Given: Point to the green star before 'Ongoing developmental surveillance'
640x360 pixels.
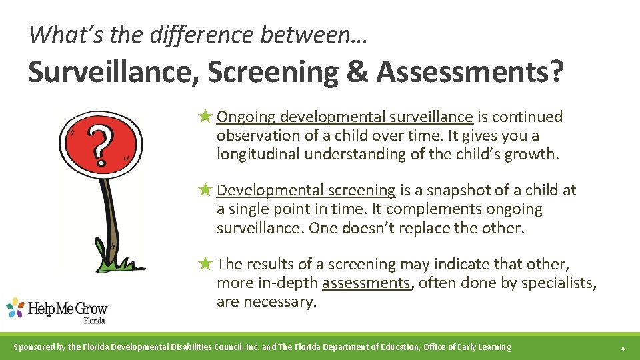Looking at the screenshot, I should pos(205,117).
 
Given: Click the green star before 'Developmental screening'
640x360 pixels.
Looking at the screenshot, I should pos(205,190).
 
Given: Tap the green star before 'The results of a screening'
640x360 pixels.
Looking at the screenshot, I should pos(205,264).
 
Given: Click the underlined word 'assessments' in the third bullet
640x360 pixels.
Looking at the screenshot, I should pos(366,283).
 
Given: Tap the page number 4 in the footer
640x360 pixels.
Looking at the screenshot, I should pos(622,348).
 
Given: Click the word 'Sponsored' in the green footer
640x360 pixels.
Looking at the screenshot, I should pos(34,347).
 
